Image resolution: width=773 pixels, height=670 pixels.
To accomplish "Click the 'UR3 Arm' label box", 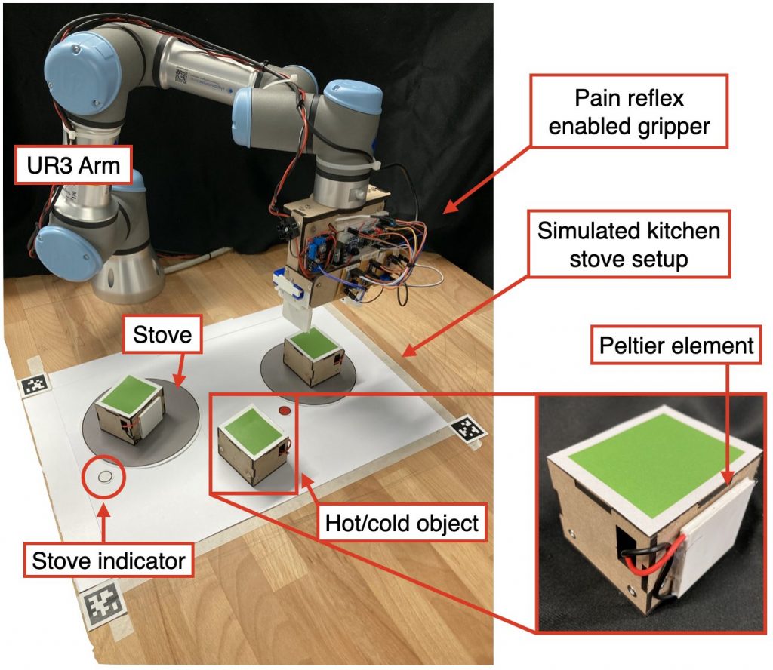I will point(74,164).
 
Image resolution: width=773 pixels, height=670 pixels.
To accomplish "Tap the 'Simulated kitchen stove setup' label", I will point(629,244).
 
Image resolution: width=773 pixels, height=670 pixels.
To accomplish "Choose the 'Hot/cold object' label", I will point(402,523).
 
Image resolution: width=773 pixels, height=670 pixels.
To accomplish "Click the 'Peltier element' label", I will point(676,346).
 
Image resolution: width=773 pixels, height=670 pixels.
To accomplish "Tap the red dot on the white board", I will point(285,411).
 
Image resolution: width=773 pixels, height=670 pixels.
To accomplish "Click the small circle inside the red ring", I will point(104,476).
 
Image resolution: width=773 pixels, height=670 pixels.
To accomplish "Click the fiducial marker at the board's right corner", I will point(468,431).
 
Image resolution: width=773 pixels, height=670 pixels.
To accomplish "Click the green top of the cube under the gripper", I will point(310,346).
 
